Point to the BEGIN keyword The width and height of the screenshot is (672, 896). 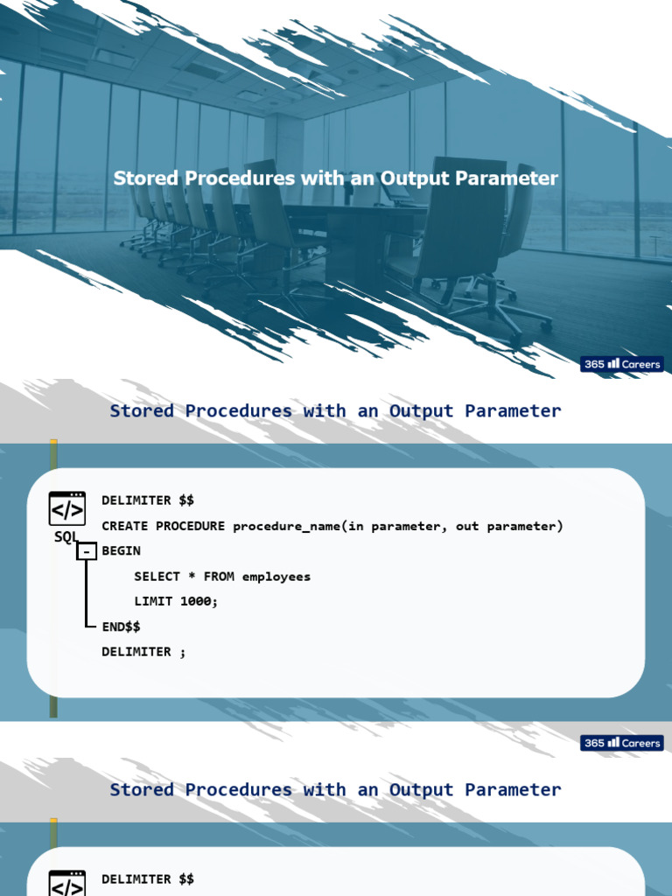[121, 551]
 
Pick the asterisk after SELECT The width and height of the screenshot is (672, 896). [192, 576]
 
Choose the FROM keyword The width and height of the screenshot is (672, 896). [219, 576]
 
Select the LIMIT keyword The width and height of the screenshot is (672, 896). [153, 601]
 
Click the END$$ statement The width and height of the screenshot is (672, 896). [121, 626]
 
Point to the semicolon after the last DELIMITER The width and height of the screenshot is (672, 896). [183, 652]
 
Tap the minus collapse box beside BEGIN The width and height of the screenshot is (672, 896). [87, 551]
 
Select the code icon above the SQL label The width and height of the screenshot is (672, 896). [67, 508]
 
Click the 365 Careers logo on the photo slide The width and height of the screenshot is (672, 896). [622, 364]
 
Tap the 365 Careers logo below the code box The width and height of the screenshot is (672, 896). [622, 743]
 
